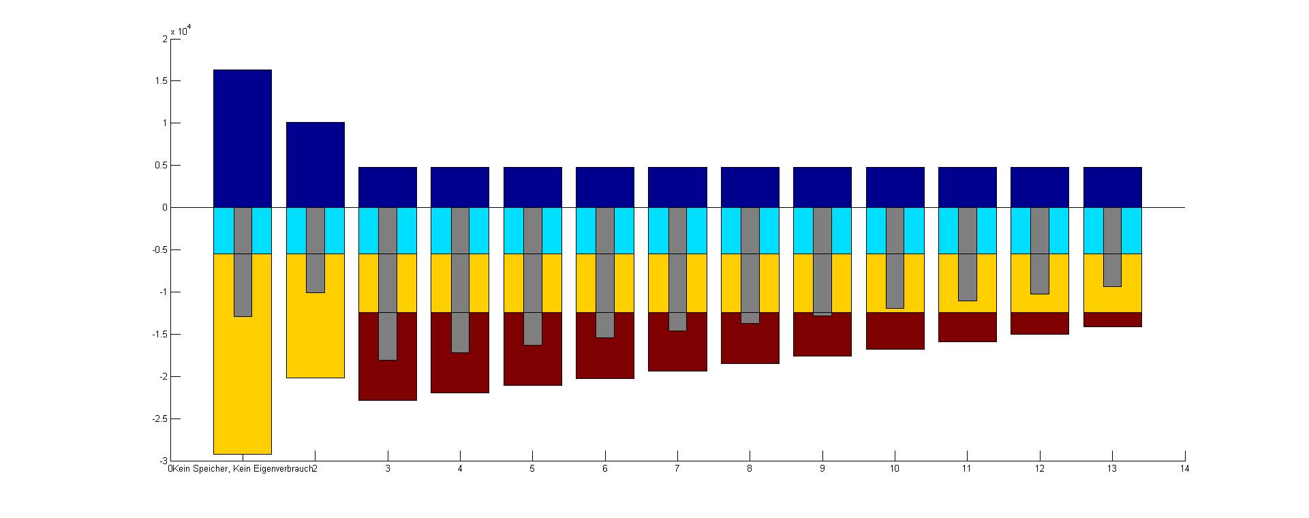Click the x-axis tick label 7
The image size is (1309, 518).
[677, 469]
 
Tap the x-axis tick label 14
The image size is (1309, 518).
[1185, 469]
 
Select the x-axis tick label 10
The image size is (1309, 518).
[894, 469]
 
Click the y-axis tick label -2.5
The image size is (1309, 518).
[158, 419]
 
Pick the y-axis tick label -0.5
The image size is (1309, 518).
[158, 250]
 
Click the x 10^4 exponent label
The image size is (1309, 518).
[181, 30]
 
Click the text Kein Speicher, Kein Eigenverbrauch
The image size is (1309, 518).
[242, 469]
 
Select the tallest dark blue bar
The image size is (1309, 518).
[242, 138]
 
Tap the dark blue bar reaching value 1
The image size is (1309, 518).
[315, 165]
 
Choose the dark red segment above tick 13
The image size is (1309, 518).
[1112, 320]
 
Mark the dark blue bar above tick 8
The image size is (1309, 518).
[750, 187]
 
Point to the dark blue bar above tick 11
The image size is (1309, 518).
[967, 187]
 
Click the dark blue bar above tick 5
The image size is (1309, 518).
[532, 187]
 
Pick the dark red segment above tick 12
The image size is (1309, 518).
[1039, 324]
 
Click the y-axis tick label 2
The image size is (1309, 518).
[164, 39]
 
